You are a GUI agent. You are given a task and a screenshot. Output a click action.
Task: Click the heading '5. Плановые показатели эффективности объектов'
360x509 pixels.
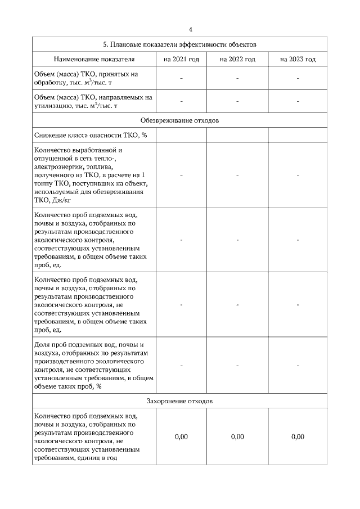[x=180, y=44]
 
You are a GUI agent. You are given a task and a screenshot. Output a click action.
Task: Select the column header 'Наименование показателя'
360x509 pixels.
[x=94, y=59]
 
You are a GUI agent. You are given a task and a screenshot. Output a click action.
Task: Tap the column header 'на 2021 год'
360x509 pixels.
[x=181, y=59]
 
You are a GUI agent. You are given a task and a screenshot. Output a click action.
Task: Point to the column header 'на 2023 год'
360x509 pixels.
[x=298, y=59]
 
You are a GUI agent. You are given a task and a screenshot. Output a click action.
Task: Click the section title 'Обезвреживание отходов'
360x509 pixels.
[x=180, y=120]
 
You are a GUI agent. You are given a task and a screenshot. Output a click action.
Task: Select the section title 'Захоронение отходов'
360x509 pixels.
[x=180, y=402]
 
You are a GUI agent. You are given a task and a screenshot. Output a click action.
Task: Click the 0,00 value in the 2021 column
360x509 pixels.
[x=181, y=437]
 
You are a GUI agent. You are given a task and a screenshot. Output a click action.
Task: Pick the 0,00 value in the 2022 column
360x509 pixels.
[x=237, y=437]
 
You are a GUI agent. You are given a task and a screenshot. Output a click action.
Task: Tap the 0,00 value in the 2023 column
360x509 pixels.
[x=298, y=437]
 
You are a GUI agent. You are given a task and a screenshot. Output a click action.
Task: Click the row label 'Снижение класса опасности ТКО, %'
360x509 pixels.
[x=86, y=136]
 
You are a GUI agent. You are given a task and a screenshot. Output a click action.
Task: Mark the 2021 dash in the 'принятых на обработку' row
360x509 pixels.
[x=181, y=78]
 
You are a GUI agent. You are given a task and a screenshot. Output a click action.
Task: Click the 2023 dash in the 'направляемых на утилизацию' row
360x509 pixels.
[x=298, y=101]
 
